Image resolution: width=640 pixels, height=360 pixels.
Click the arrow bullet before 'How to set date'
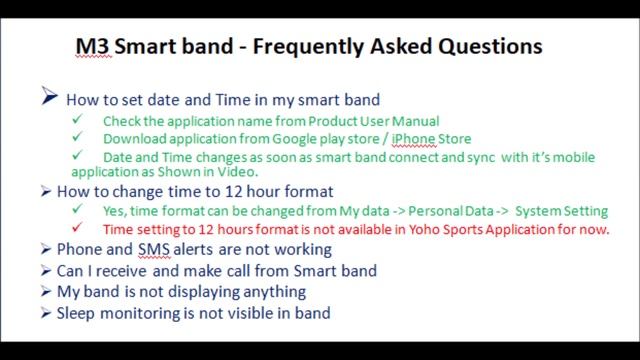click(50, 98)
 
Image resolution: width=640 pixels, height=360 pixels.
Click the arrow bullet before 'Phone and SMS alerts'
click(46, 249)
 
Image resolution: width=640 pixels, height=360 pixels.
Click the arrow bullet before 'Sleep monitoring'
click(46, 313)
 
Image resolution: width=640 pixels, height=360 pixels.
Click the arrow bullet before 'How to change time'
click(46, 191)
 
